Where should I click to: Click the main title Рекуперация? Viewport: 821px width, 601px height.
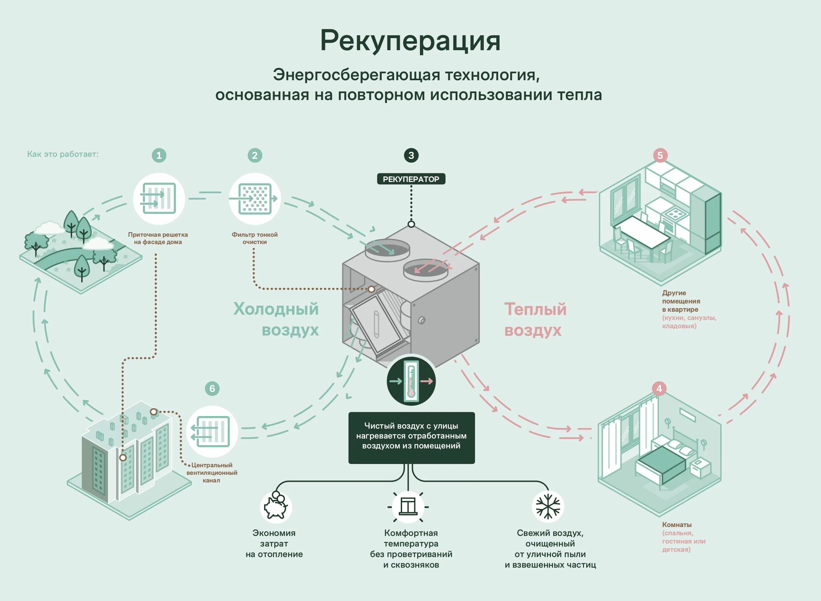[410, 41]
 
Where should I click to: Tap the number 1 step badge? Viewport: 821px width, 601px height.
[159, 155]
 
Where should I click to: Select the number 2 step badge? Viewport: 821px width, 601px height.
[255, 155]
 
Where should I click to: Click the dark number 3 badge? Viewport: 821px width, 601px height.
[411, 155]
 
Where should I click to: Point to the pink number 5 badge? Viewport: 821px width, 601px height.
[660, 155]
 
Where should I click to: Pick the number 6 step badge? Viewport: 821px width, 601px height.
[212, 389]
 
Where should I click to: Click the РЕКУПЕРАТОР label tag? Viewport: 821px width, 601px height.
[411, 179]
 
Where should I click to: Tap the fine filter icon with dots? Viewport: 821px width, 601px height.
[255, 199]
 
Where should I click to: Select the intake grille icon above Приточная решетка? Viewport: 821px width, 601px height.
[159, 199]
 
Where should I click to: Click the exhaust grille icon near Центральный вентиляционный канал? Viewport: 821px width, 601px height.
[212, 432]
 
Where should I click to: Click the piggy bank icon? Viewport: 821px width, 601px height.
[276, 507]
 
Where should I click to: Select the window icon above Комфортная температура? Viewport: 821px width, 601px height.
[408, 507]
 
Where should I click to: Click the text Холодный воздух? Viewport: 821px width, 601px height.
[276, 319]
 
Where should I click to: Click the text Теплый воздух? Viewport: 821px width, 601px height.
[535, 319]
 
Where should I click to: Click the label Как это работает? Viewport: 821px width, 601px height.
[62, 154]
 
